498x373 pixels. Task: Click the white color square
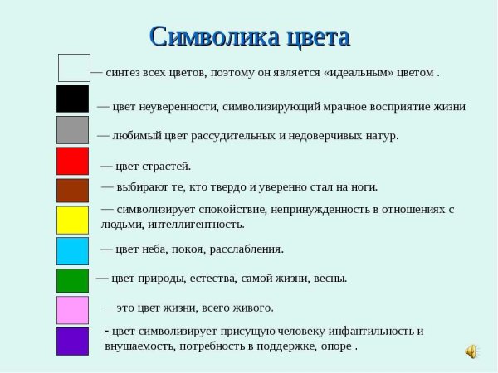point(74,68)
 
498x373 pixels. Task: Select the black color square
point(72,99)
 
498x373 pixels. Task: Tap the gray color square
point(72,130)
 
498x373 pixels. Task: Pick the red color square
point(72,161)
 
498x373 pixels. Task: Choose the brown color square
point(72,190)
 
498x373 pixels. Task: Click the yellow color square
point(72,220)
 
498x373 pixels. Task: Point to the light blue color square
point(72,250)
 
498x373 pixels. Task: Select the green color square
point(72,280)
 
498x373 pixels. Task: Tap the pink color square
point(72,310)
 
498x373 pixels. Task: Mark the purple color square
point(72,341)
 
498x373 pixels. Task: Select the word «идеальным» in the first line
point(337,73)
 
